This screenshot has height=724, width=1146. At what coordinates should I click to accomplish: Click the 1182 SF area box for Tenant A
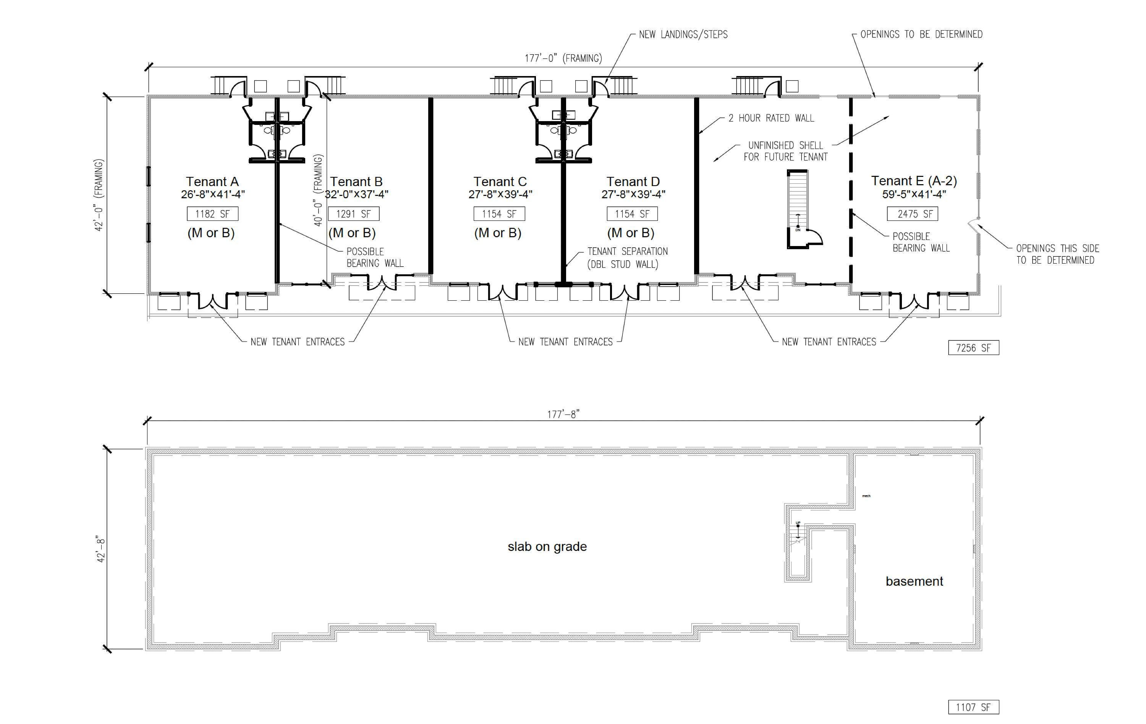tap(212, 214)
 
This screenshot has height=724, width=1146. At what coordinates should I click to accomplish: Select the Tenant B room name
tap(356, 182)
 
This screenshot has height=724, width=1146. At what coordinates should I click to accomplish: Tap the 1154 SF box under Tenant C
tap(499, 214)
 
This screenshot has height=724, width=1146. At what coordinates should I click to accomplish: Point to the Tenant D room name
tap(633, 182)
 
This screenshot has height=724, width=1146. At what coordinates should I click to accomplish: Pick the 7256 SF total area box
tap(974, 348)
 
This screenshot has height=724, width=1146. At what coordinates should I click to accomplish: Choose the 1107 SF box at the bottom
tap(974, 707)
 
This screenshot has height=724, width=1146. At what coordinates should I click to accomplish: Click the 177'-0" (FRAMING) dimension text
tap(563, 58)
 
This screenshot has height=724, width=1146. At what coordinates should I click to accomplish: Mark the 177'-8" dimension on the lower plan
tap(563, 414)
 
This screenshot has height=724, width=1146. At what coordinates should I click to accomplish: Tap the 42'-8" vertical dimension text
tap(100, 550)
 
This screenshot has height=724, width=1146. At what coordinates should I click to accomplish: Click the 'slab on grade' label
tap(547, 546)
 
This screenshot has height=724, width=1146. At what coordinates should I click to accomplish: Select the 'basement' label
tap(914, 581)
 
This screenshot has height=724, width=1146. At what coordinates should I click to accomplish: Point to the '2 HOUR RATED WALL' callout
tap(771, 118)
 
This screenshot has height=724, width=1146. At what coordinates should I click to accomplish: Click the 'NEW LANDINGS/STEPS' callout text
tap(683, 34)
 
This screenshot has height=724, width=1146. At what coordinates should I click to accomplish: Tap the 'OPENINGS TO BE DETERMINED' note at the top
tap(921, 34)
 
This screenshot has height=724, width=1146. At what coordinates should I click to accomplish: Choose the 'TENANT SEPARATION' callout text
tap(627, 251)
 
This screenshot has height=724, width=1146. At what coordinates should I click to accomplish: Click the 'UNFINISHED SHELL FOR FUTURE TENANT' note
tap(785, 151)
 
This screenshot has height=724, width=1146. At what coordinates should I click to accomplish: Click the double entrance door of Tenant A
tap(212, 302)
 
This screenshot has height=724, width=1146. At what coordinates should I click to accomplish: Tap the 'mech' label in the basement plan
tap(866, 496)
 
